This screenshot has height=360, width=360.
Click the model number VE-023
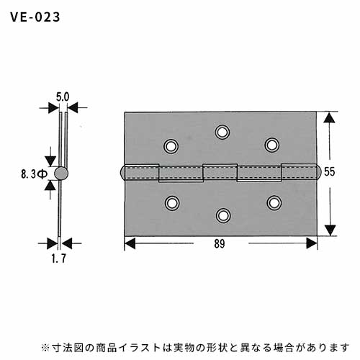35,17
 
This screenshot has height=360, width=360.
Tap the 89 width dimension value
220,244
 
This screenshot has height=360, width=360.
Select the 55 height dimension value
329,172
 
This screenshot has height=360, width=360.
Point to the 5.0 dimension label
63,97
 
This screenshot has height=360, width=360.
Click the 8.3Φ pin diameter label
35,174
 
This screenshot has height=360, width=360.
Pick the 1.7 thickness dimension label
59,258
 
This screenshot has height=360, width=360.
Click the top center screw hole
222,132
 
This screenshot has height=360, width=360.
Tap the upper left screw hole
171,146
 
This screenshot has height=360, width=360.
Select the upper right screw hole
272,145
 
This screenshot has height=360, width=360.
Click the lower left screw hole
172,203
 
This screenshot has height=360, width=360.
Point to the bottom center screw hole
223,215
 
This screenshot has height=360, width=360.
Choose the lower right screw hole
274,203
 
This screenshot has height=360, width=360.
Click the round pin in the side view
61,174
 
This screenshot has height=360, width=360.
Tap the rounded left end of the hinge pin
122,173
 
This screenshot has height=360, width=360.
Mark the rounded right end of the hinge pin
319,172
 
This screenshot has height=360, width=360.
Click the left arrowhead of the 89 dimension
130,243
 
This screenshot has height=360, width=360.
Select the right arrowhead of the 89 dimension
312,243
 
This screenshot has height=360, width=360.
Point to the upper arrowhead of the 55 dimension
329,118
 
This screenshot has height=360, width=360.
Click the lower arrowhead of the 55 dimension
330,230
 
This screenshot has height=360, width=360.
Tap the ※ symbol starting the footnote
45,348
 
